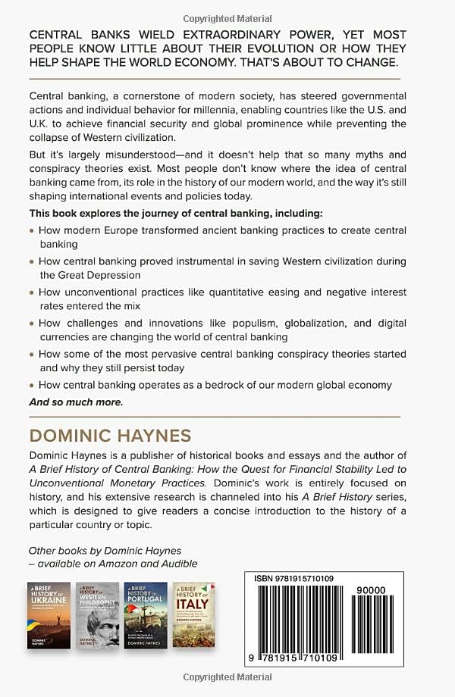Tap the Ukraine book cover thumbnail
[x=49, y=614]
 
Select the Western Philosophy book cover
[x=98, y=614]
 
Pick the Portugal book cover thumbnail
[x=146, y=614]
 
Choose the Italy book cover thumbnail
[x=194, y=614]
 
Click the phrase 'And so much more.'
[x=75, y=402]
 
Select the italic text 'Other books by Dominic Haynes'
[x=105, y=550]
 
